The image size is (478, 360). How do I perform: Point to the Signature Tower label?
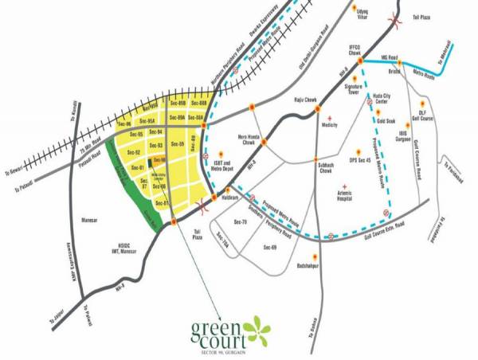coord(352,88)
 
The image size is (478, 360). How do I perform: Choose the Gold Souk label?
coord(386,120)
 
